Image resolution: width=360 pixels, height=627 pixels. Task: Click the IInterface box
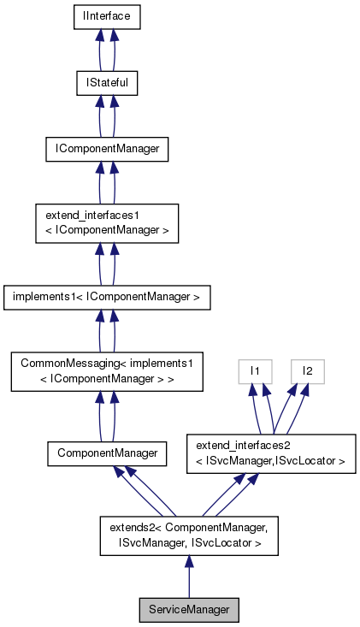105,16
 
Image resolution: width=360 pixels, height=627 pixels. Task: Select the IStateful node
105,83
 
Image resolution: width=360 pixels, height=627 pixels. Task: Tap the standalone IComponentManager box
105,150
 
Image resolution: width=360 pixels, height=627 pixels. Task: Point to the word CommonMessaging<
66,364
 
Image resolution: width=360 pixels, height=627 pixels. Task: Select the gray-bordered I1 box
254,371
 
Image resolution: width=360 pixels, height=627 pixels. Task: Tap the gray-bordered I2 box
307,371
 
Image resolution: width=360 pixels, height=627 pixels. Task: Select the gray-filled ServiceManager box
189,610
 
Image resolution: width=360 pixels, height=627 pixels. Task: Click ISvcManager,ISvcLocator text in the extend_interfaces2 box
275,461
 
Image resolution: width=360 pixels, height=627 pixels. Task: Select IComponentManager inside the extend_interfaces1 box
106,232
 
